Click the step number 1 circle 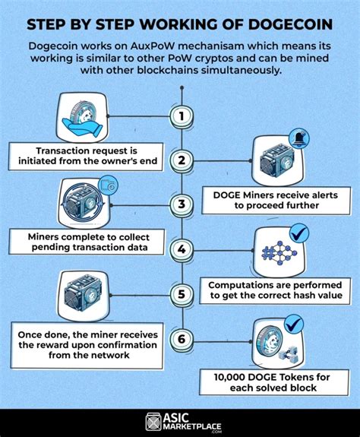click(x=180, y=116)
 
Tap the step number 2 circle click(x=180, y=160)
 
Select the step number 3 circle click(x=180, y=204)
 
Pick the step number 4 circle click(x=180, y=249)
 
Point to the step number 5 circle click(x=180, y=293)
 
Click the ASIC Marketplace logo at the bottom click(x=180, y=423)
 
